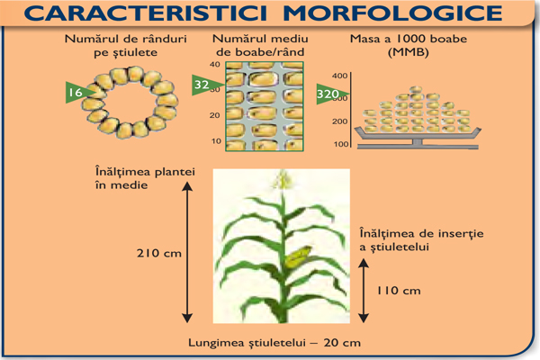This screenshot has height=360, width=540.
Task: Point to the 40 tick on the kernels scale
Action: (x=214, y=66)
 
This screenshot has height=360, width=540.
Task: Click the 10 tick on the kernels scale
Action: (x=214, y=141)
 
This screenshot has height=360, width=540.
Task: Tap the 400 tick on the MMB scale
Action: (x=339, y=76)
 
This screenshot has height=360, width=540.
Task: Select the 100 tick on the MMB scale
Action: (x=341, y=143)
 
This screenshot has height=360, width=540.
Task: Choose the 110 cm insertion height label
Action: (x=400, y=290)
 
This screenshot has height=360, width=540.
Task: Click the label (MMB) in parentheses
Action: (x=387, y=53)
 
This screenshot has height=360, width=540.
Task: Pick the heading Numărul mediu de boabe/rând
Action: (x=261, y=47)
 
